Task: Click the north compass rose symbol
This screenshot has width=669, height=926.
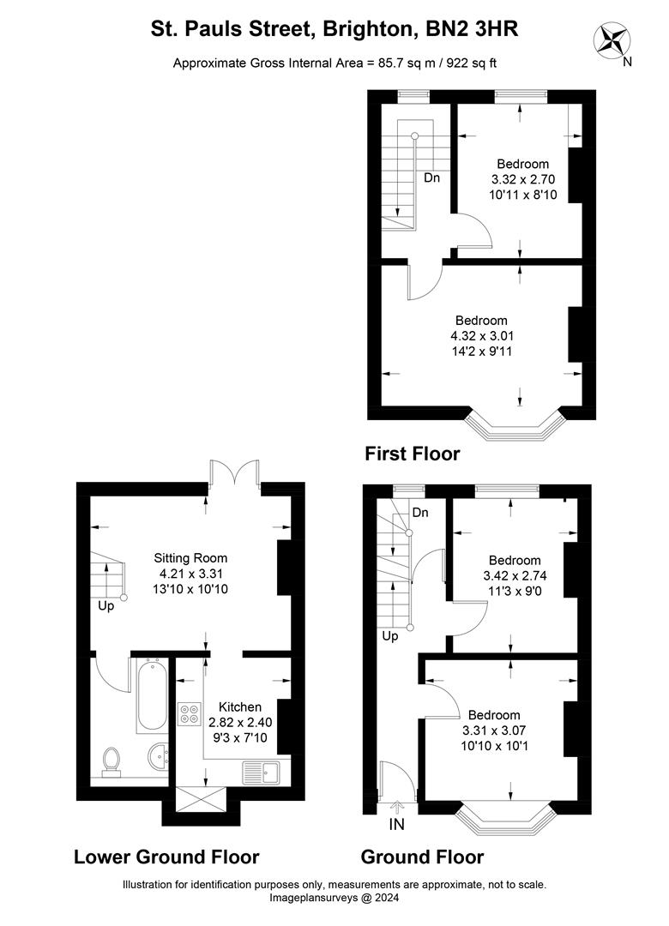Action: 614,39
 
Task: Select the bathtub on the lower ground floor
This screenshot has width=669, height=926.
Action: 151,695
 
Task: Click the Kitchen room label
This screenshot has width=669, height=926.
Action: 234,707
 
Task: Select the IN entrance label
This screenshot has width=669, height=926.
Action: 397,825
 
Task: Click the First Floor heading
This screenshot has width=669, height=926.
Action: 413,453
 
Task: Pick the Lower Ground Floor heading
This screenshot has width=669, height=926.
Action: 166,856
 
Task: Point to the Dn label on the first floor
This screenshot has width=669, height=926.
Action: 432,178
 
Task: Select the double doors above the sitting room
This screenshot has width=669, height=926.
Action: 234,474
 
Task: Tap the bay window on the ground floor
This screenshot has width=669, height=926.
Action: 503,818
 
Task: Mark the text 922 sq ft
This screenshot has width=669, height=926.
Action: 467,62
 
